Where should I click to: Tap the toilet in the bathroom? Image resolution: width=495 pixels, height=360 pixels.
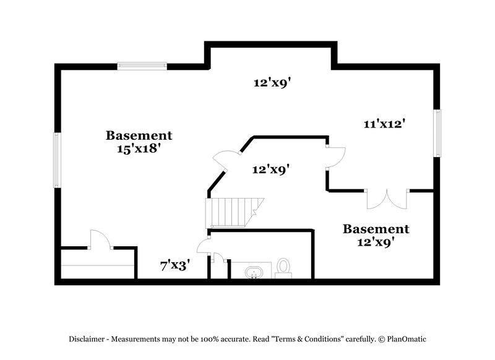tap(283, 267)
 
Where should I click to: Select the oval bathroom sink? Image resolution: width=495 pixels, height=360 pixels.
tap(254, 272)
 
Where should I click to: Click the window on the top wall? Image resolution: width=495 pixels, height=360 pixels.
tap(142, 66)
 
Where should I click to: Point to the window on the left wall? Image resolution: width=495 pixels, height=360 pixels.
tap(56, 160)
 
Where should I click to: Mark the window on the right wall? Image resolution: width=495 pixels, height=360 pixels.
tap(437, 133)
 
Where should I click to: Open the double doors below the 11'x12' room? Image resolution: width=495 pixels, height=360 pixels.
tap(387, 198)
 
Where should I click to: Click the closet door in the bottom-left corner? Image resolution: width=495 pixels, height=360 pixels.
tap(99, 240)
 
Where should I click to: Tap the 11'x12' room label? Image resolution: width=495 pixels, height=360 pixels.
tap(384, 124)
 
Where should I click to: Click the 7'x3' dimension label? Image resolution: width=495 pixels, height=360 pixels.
tap(175, 266)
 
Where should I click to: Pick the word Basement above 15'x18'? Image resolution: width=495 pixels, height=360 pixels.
tap(139, 135)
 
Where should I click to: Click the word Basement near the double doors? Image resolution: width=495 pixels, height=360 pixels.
tap(376, 229)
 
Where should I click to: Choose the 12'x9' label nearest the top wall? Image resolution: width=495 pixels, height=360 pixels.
tap(272, 82)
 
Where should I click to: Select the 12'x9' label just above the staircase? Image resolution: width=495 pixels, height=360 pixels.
tap(271, 168)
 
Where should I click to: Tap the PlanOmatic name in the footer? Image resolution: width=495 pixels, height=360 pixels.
tap(406, 339)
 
